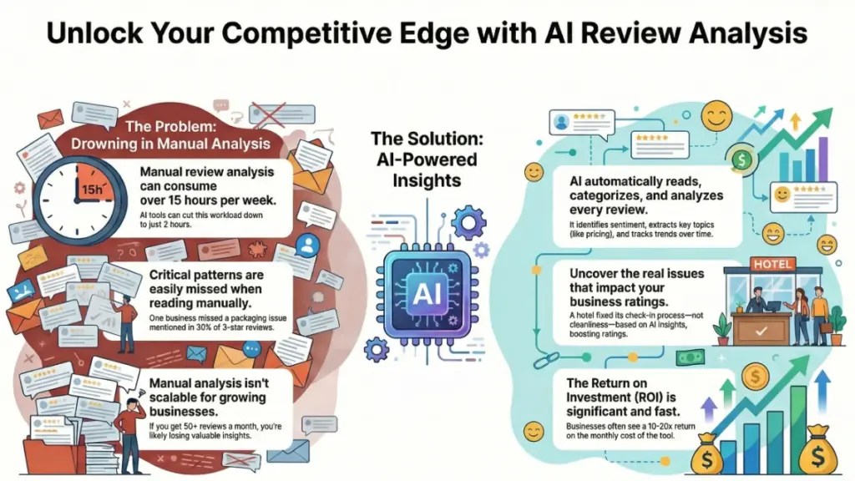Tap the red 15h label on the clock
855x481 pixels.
(91, 190)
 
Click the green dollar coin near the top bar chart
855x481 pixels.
(741, 157)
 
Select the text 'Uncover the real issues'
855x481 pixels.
(636, 274)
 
